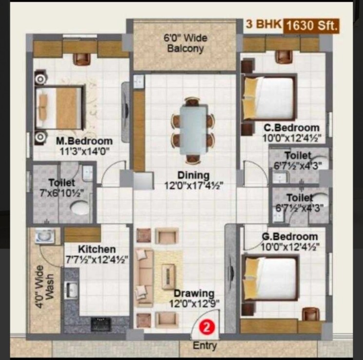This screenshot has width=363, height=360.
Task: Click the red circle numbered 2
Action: tap(207, 327)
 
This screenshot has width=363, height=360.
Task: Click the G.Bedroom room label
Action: tap(289, 237)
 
